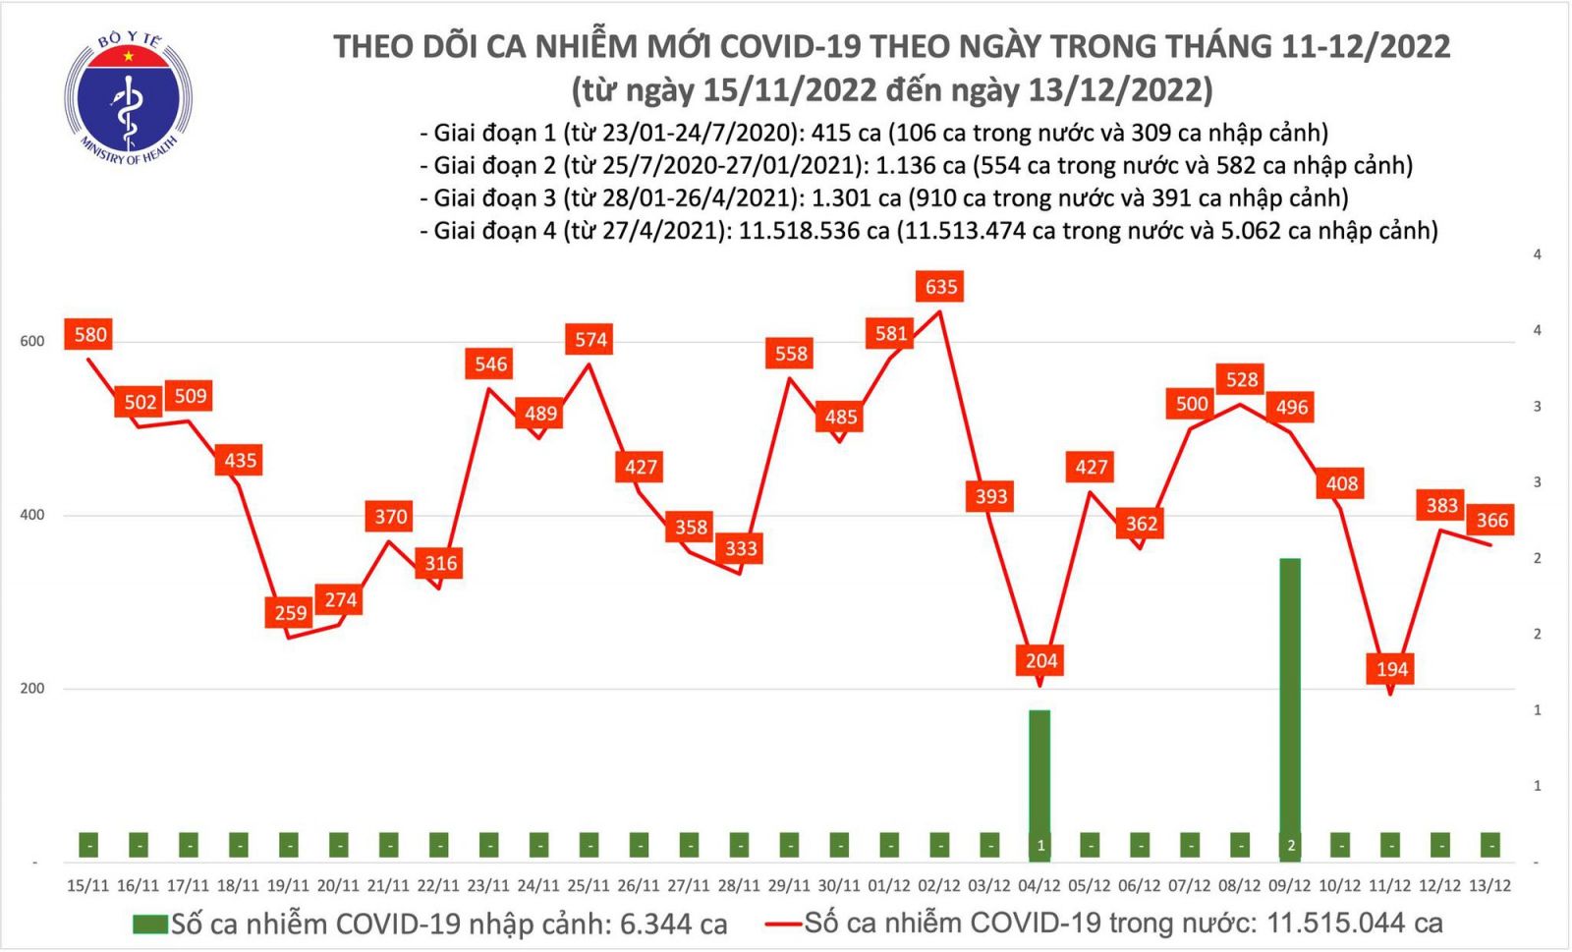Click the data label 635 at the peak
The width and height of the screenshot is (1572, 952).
click(x=940, y=287)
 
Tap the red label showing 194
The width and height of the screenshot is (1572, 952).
click(x=1391, y=669)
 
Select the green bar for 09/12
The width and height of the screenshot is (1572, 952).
click(x=1290, y=707)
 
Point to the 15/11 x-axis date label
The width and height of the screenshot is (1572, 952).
click(x=87, y=885)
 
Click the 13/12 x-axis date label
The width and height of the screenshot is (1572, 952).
click(x=1489, y=885)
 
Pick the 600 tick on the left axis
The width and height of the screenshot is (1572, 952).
click(x=32, y=341)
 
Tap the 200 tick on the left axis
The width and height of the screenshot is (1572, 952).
click(x=32, y=688)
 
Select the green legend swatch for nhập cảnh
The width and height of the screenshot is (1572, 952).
click(x=149, y=924)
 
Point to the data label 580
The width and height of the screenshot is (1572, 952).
click(x=89, y=334)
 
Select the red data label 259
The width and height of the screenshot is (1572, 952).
click(x=290, y=613)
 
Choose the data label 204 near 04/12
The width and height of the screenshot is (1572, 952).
click(x=1040, y=660)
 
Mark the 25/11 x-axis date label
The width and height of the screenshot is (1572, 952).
click(x=588, y=885)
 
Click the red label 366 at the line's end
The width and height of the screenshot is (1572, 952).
click(x=1491, y=521)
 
